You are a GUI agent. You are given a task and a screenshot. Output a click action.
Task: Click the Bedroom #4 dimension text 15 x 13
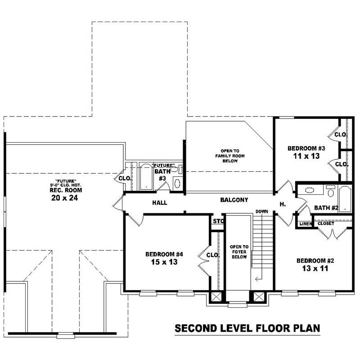161,262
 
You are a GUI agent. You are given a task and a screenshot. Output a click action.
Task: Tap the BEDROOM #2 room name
315,261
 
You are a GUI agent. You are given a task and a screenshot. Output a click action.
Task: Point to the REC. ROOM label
62,189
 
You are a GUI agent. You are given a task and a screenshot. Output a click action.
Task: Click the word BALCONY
234,199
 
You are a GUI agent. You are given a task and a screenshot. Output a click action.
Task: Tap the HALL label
159,203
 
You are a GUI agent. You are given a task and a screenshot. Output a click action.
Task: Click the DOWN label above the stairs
262,211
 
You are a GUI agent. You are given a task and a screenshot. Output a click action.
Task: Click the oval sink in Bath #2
311,190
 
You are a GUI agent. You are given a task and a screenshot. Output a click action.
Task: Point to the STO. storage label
218,221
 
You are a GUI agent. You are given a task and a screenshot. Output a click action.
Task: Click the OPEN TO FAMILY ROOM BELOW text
229,155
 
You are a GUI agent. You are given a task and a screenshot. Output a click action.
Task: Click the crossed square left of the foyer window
216,297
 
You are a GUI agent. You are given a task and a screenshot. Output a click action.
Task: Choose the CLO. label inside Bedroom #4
212,255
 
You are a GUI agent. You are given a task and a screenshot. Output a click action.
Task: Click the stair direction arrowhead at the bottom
256,279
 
